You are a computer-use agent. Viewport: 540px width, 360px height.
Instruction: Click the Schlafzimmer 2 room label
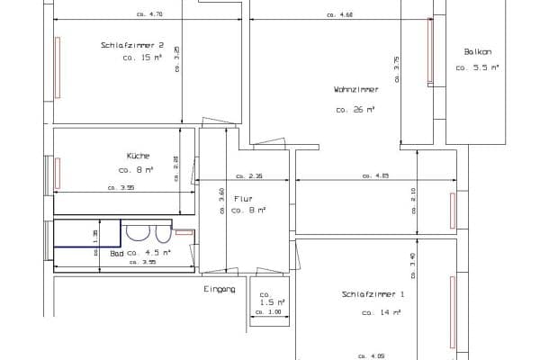click(x=131, y=45)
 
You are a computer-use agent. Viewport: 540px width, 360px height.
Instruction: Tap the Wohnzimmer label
click(x=355, y=89)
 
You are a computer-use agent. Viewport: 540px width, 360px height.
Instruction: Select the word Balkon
click(x=477, y=51)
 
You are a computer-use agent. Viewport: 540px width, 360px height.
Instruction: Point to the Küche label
click(x=138, y=155)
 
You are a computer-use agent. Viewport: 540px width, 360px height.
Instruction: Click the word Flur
click(x=243, y=198)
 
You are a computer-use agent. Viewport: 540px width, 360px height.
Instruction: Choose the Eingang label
click(x=220, y=289)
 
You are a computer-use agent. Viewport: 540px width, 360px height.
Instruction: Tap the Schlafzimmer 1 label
click(x=373, y=294)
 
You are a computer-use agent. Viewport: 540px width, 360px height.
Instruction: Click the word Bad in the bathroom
click(x=117, y=254)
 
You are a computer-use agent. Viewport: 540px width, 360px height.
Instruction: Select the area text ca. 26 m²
click(x=355, y=110)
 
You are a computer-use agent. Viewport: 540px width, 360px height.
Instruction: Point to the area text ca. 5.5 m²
click(x=477, y=67)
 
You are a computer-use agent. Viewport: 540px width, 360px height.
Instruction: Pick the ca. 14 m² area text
click(x=381, y=312)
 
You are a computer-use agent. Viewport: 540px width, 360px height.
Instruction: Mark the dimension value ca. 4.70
click(x=149, y=15)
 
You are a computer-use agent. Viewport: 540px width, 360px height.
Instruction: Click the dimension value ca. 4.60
click(x=341, y=15)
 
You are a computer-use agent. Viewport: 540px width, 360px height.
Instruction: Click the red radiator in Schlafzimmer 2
click(x=58, y=67)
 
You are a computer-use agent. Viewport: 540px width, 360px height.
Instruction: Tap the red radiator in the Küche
click(x=58, y=172)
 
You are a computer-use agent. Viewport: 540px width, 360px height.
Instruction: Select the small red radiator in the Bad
click(x=184, y=232)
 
